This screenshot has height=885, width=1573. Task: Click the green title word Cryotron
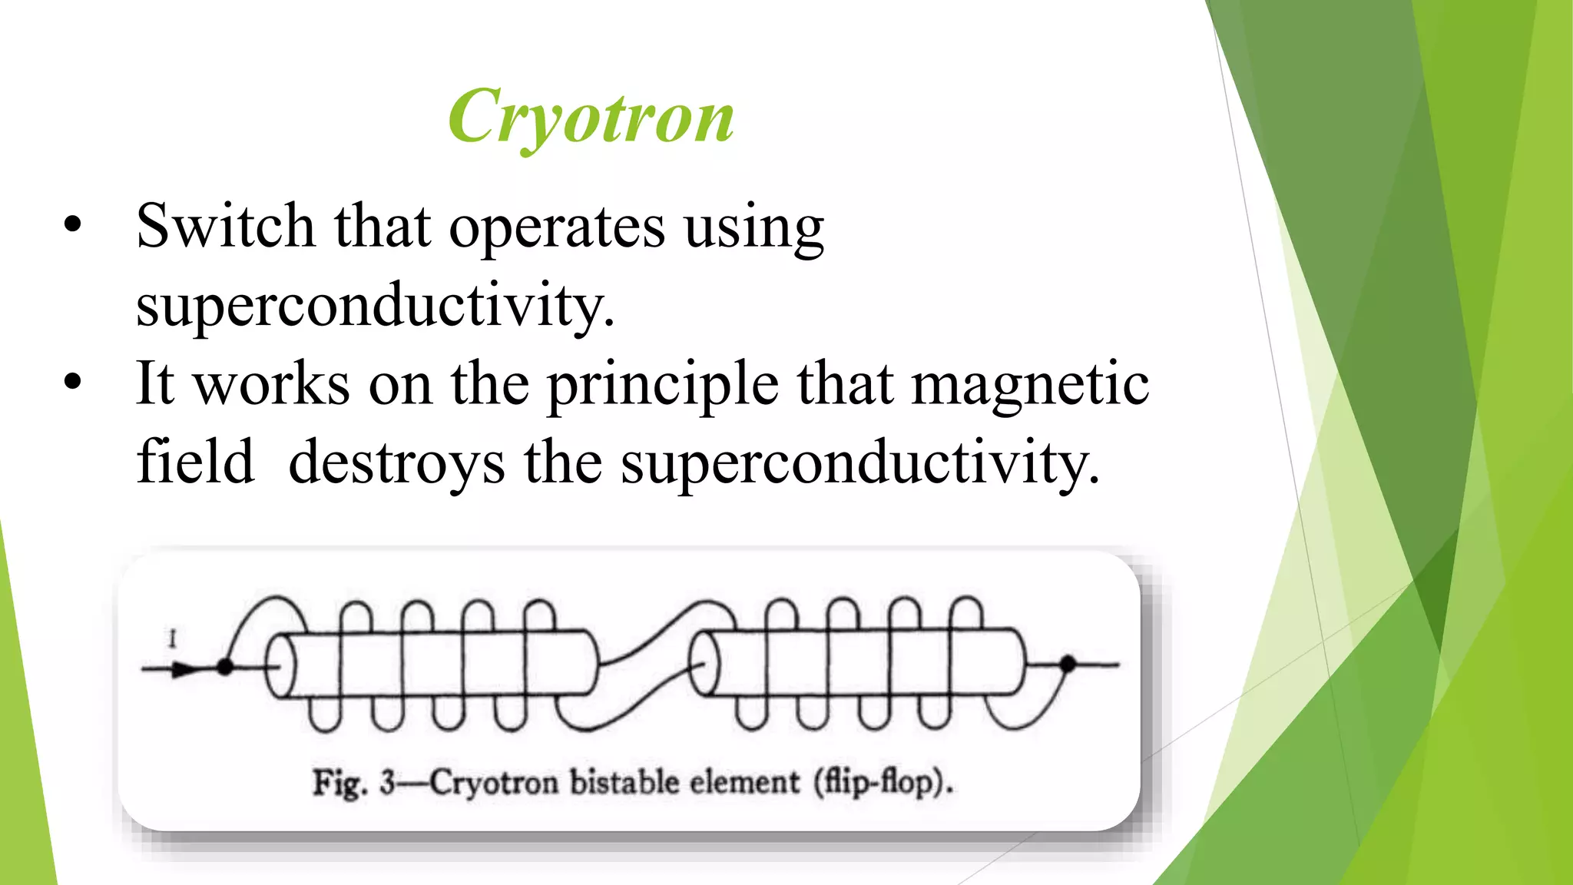(591, 118)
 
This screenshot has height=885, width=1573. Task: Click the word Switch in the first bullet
(225, 226)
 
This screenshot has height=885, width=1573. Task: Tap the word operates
(557, 227)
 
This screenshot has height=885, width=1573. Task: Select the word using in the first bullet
(754, 229)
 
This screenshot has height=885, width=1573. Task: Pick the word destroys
(396, 462)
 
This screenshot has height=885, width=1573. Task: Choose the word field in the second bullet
(195, 461)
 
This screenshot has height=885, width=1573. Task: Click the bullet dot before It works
(72, 381)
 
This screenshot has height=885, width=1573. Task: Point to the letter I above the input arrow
(173, 638)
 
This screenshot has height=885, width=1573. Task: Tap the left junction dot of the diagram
(224, 667)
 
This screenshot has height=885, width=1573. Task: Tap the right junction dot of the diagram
(1068, 664)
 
